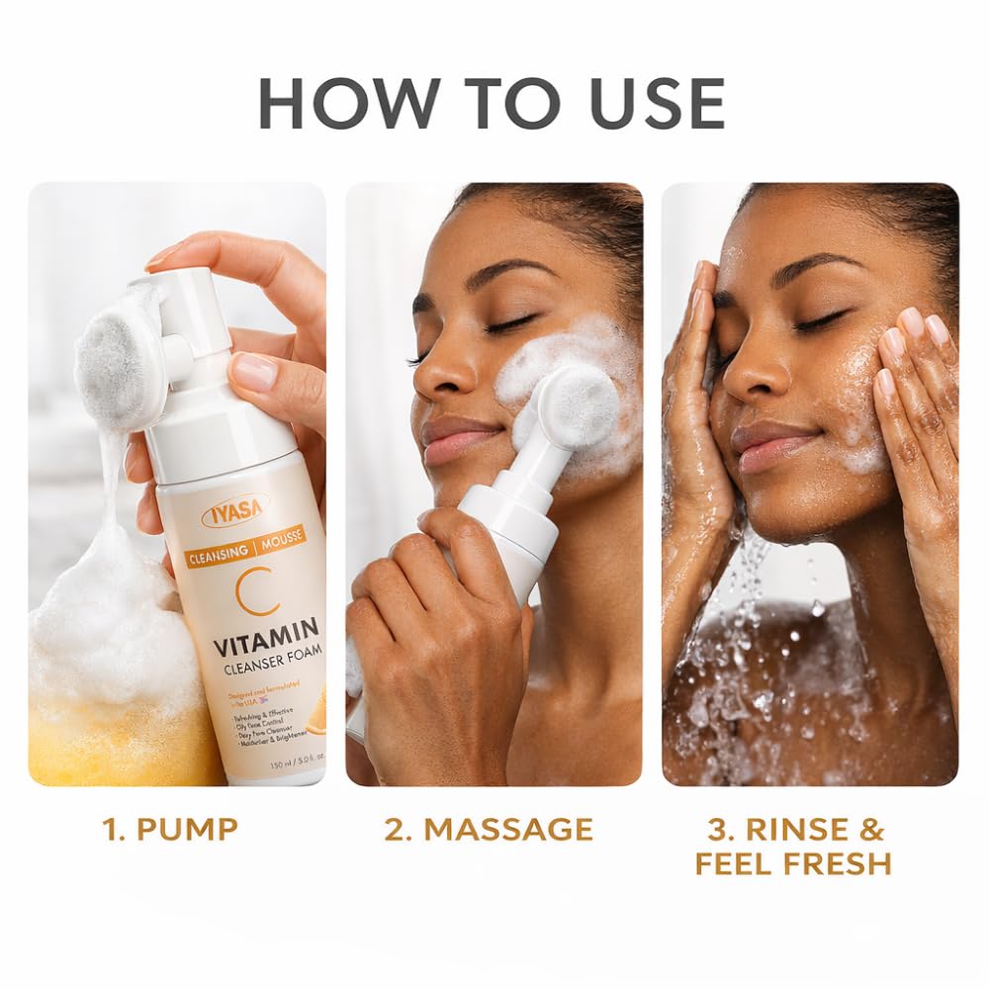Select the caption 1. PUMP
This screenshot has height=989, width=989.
coord(170,829)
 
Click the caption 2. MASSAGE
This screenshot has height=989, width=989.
coord(489,829)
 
